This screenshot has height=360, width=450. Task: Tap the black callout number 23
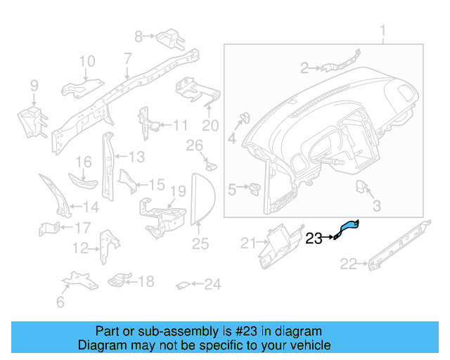[x=314, y=238]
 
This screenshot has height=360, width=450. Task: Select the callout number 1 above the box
[x=382, y=32]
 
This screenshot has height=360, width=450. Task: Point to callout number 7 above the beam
[x=128, y=58]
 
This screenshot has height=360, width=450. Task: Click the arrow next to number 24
[x=197, y=284]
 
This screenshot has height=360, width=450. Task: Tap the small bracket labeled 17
[x=49, y=229]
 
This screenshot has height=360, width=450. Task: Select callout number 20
[x=210, y=126]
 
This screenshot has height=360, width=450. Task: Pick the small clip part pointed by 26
[x=211, y=166]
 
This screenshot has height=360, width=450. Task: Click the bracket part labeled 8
[x=170, y=38]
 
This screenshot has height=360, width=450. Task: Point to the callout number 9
[x=34, y=86]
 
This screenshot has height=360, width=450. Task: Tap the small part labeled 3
[x=361, y=186]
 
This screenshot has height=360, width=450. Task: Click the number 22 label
[x=349, y=264]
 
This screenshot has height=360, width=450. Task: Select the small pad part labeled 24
[x=183, y=285]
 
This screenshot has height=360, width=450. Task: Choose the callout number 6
[x=60, y=302]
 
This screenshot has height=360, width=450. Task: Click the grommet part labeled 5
[x=255, y=188]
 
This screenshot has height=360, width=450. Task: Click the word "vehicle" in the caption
[x=313, y=345]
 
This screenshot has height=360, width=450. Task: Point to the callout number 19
[x=178, y=191]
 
